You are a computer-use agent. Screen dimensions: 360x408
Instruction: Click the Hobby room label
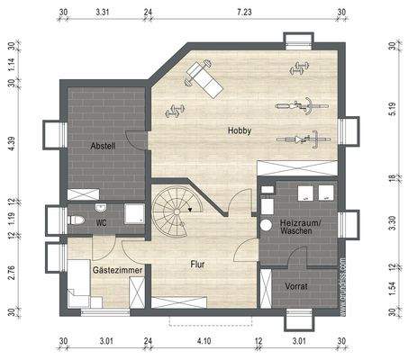coord(239,131)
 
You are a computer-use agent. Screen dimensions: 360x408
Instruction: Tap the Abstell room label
coord(103,146)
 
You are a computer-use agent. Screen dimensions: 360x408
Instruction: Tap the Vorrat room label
coord(296,285)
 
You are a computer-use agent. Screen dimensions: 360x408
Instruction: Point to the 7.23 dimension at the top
coord(243,13)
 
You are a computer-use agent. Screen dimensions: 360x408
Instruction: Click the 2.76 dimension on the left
coord(12,273)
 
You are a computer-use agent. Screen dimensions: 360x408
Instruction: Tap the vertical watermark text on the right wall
coord(343,286)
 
